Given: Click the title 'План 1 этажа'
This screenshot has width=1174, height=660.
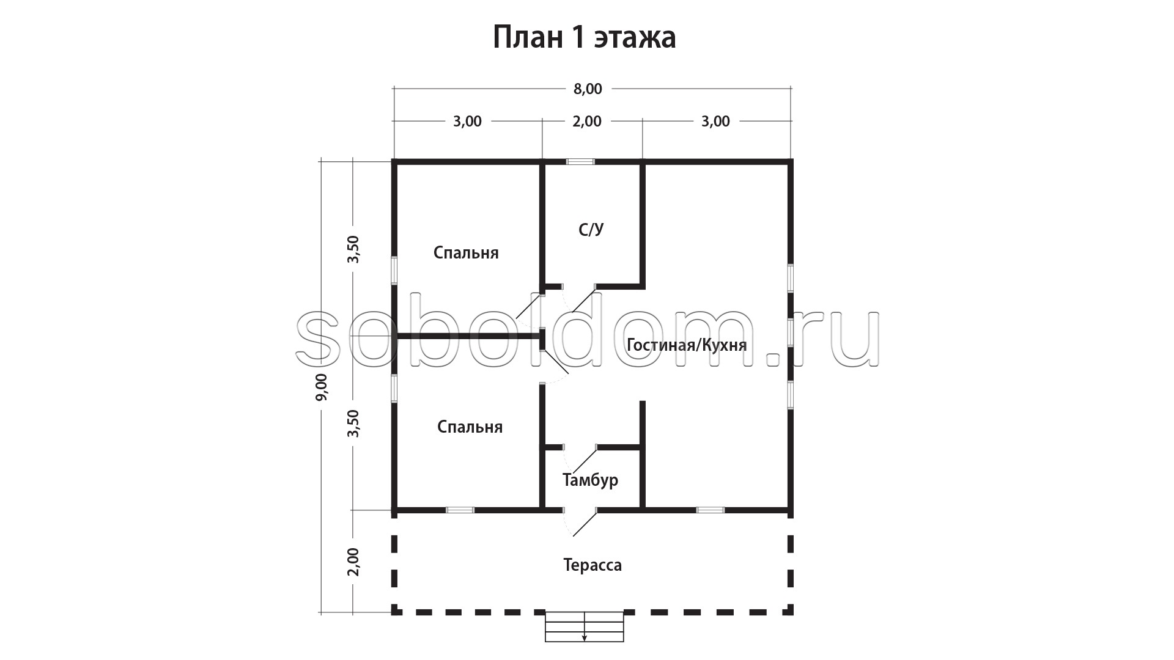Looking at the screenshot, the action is tap(584, 38).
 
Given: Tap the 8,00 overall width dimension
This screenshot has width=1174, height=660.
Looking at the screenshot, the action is tap(588, 89).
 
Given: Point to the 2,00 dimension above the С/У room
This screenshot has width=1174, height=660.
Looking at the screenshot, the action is tap(587, 122).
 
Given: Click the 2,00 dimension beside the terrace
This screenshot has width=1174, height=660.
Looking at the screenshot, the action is tap(353, 561).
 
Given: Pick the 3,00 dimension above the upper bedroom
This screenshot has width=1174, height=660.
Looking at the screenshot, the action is tap(467, 122).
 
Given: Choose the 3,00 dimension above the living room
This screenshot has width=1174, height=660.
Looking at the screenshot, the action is tap(715, 122).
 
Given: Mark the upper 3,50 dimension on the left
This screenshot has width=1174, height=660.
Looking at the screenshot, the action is tap(353, 249).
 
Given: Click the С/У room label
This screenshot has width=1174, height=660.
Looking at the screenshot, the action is tap(591, 230).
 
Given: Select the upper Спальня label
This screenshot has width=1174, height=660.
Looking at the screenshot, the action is tap(466, 252).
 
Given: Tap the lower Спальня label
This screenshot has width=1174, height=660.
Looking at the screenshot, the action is tap(470, 427).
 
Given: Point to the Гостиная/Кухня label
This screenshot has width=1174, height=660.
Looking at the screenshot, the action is tap(687, 345).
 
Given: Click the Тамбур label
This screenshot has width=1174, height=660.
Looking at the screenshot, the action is tap(590, 480).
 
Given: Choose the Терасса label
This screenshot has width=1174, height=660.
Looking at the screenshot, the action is tap(593, 565).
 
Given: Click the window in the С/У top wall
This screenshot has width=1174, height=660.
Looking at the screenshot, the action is tap(580, 162).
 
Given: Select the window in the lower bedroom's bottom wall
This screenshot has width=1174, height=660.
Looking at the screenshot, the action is tap(460, 510).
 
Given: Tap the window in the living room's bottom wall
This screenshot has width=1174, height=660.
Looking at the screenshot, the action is tap(711, 510).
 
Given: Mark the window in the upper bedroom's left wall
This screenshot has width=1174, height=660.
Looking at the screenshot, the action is tap(394, 270).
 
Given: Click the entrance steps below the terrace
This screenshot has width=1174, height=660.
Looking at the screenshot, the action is tap(584, 627).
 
